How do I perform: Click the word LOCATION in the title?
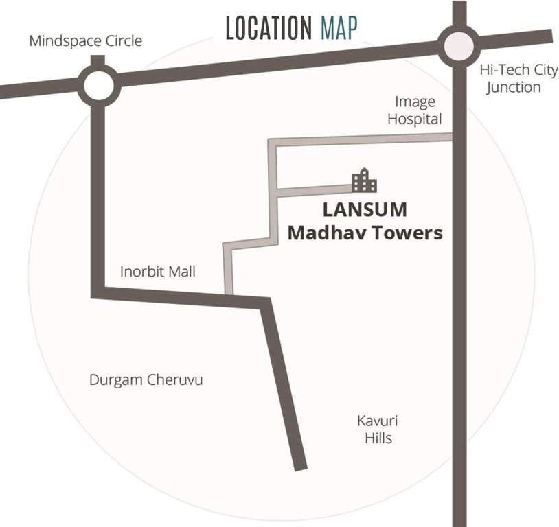269,28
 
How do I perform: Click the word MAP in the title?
339,28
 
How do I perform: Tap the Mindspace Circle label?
85,41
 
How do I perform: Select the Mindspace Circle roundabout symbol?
98,85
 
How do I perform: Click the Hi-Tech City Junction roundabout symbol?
459,46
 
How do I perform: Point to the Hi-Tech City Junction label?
518,78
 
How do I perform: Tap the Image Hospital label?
415,110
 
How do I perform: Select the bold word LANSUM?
365,209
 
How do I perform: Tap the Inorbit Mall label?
157,272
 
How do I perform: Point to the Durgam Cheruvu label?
146,379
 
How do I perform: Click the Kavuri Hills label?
378,429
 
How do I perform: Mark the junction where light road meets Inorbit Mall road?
229,296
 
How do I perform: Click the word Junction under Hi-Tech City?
514,87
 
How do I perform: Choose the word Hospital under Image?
415,119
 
